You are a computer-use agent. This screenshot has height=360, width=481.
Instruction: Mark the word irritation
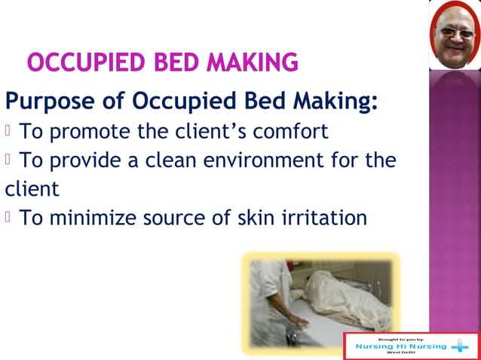tap(326, 218)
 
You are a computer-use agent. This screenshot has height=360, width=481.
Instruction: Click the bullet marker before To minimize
tap(9, 218)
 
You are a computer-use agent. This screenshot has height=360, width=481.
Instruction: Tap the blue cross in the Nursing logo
tap(461, 346)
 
